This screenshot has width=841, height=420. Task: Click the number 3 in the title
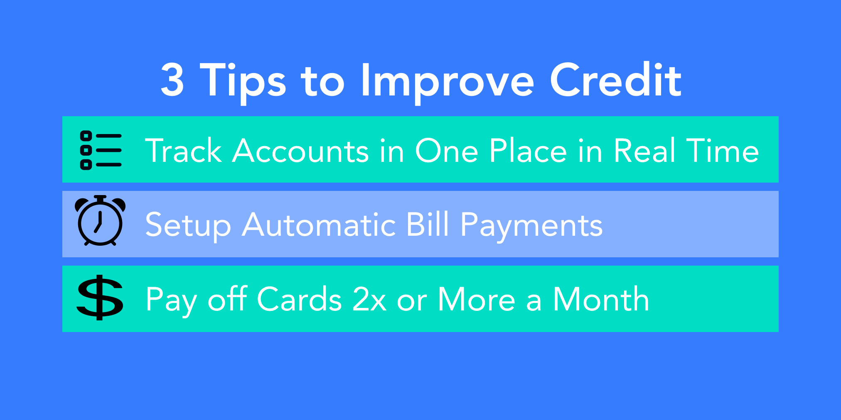172,80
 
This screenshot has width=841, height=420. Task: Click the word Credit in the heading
616,79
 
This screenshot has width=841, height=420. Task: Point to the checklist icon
101,150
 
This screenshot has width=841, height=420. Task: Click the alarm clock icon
100,220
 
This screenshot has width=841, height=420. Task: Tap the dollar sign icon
100,297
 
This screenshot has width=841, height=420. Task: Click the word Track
183,150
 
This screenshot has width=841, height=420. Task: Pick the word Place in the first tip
528,150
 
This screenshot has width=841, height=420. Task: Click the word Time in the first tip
723,150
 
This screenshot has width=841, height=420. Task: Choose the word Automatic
319,225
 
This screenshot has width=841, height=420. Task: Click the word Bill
428,224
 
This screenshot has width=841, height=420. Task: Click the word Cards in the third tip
299,299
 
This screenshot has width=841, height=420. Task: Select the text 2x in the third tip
369,299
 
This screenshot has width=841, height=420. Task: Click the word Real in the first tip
644,150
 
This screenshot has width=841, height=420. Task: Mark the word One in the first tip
447,150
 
